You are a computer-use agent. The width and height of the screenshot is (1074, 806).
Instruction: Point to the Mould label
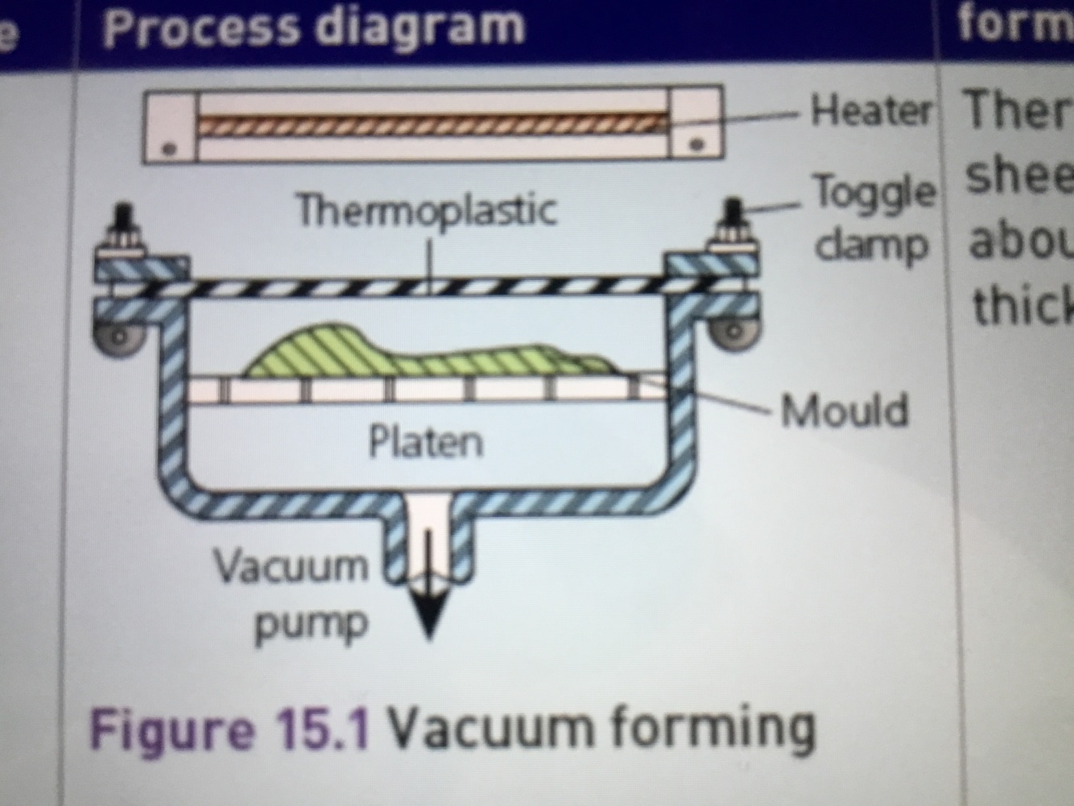pyautogui.click(x=845, y=411)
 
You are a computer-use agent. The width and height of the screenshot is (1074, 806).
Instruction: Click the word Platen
pyautogui.click(x=425, y=442)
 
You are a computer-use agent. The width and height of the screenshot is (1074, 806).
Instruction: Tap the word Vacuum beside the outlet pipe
pyautogui.click(x=291, y=566)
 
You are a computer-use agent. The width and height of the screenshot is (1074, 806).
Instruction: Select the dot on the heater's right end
pyautogui.click(x=698, y=146)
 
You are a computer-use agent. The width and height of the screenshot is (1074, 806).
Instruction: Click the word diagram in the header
pyautogui.click(x=418, y=26)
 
